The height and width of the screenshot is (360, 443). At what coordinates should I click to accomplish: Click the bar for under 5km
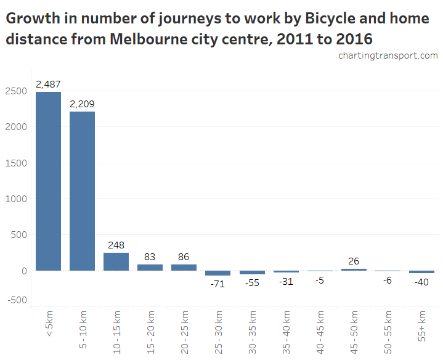[48, 181]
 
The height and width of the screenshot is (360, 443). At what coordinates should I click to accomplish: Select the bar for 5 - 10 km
[82, 191]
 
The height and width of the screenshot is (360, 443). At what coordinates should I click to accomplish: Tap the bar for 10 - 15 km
[116, 261]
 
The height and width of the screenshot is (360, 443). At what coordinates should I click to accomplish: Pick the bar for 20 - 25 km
[184, 268]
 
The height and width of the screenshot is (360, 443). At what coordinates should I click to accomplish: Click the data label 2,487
[48, 84]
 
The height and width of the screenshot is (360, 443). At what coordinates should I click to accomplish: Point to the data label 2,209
[82, 104]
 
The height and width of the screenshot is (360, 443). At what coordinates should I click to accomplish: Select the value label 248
[116, 245]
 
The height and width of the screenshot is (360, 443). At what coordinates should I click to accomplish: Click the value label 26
[353, 261]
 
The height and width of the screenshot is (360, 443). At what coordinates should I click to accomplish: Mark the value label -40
[421, 282]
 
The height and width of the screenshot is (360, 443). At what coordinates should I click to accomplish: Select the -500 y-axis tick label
[17, 300]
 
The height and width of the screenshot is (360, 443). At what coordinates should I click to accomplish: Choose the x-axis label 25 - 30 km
[218, 332]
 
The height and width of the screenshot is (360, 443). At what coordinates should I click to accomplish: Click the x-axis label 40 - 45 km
[320, 332]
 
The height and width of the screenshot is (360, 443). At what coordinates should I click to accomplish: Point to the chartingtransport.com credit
[388, 55]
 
